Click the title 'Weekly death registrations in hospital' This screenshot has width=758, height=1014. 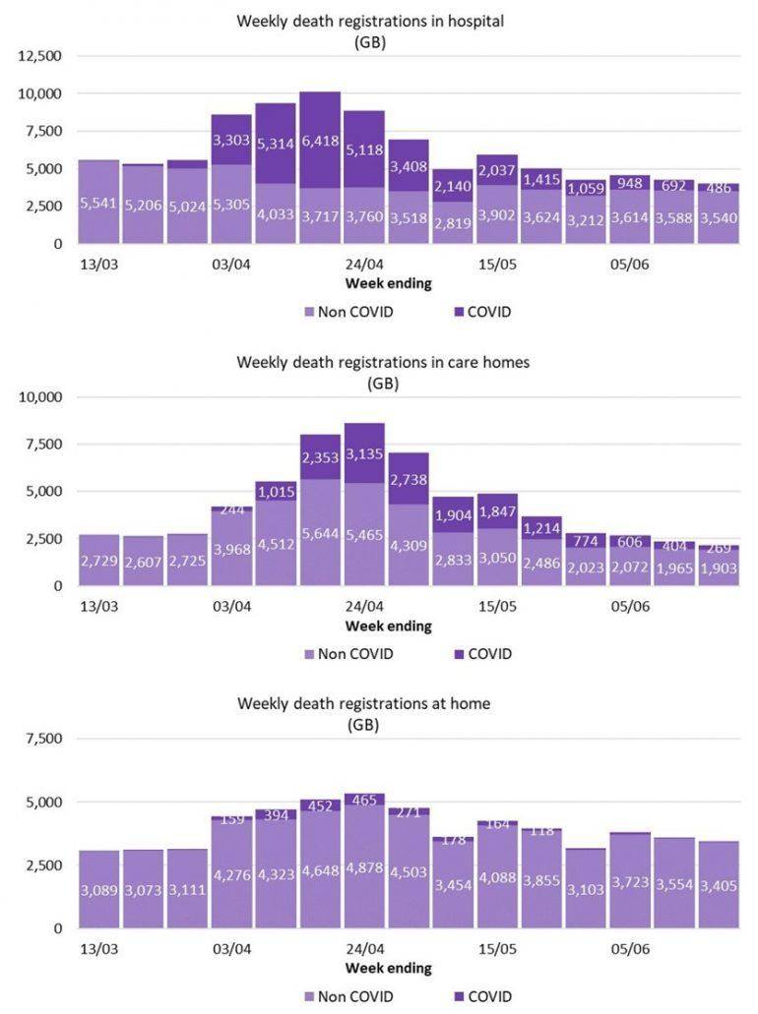(370, 22)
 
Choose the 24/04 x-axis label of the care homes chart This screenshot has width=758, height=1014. (364, 607)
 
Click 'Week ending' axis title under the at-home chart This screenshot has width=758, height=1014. (388, 968)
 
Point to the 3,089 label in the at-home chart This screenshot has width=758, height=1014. (99, 891)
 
